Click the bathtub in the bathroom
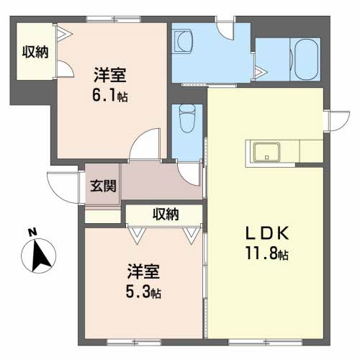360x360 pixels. tap(306, 59)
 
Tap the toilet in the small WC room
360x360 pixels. tap(187, 119)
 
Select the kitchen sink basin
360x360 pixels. tap(267, 152)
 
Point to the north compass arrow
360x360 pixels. tap(40, 256)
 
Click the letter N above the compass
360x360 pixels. tap(32, 232)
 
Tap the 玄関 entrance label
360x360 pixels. tap(103, 186)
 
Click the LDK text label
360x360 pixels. tap(266, 233)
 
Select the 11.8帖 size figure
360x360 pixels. tap(266, 253)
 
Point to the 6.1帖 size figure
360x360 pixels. tap(110, 95)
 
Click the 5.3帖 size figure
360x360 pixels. tap(143, 292)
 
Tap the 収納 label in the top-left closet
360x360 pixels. tap(35, 52)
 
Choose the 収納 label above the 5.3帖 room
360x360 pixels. tap(166, 214)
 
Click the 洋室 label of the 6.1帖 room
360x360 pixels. tap(110, 76)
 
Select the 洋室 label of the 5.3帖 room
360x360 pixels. tap(143, 271)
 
